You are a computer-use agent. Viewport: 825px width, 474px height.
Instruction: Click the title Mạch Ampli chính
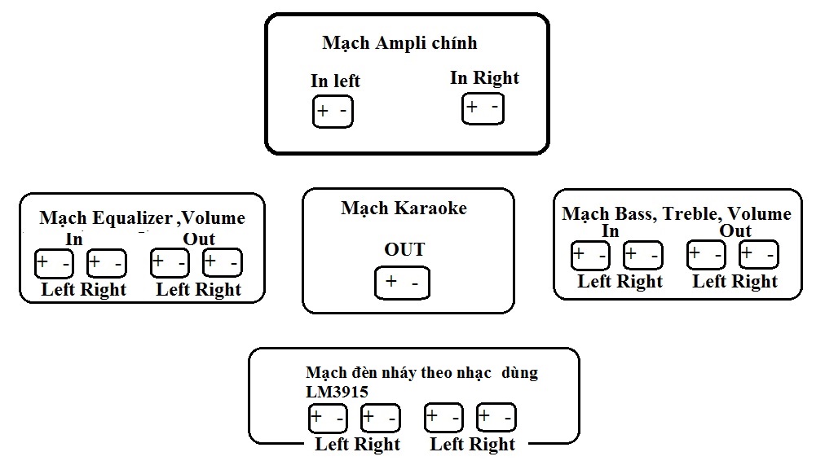(x=399, y=43)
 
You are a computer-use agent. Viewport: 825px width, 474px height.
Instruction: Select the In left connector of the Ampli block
(x=333, y=112)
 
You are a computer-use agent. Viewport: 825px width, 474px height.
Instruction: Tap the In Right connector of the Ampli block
(x=483, y=108)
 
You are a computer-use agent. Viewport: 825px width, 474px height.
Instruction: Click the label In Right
(x=484, y=78)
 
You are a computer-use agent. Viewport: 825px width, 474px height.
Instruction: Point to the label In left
(x=335, y=81)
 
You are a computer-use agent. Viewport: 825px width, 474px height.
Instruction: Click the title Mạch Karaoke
(x=404, y=208)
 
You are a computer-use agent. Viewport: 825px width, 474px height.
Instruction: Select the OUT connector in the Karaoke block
(x=402, y=283)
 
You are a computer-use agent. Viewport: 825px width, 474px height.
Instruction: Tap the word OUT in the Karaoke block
(x=404, y=250)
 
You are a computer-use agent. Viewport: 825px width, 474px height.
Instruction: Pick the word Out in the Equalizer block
(x=198, y=239)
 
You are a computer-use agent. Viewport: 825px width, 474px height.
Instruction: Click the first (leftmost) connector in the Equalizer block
(x=53, y=263)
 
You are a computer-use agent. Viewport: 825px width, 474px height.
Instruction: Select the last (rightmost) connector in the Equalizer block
(x=222, y=263)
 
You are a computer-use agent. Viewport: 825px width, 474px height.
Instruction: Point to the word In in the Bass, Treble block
(x=610, y=231)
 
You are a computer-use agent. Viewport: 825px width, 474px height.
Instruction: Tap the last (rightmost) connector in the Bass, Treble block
(x=758, y=256)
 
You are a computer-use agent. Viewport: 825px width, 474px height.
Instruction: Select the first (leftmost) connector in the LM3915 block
(x=328, y=419)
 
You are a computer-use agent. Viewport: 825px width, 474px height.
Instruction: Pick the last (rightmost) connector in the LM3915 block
(x=496, y=419)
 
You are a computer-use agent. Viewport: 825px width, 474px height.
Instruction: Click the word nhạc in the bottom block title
(x=473, y=374)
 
